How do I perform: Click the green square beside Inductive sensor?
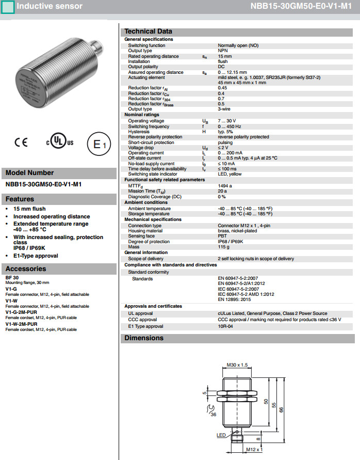tap(8, 7)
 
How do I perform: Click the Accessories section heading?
tap(26, 269)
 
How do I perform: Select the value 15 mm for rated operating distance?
tap(225, 56)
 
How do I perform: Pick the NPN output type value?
tap(223, 51)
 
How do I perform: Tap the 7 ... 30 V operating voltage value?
tap(227, 121)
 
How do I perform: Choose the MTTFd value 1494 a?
tap(225, 186)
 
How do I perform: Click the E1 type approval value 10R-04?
tap(225, 326)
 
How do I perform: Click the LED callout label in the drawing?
tap(221, 436)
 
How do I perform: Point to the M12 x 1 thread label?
tap(254, 450)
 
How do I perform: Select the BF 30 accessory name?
tap(12, 278)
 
